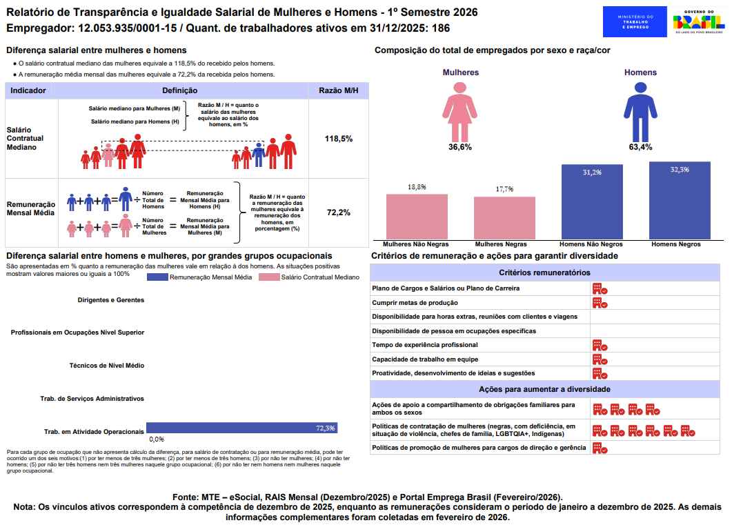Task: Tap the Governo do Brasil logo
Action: tap(699, 22)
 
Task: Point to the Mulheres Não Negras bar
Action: tap(417, 217)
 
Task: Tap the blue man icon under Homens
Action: tap(640, 110)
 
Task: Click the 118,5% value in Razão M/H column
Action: tap(339, 139)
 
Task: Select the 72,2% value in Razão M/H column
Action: tap(339, 212)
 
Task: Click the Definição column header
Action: tap(180, 91)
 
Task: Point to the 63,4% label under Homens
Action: tap(640, 147)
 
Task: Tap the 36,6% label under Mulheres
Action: tap(460, 147)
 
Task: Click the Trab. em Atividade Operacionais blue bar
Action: tap(241, 428)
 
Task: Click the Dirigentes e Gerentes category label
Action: tap(111, 300)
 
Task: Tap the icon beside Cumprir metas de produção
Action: tap(600, 303)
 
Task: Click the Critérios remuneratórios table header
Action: tap(545, 273)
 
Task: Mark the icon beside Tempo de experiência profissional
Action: tap(600, 345)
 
